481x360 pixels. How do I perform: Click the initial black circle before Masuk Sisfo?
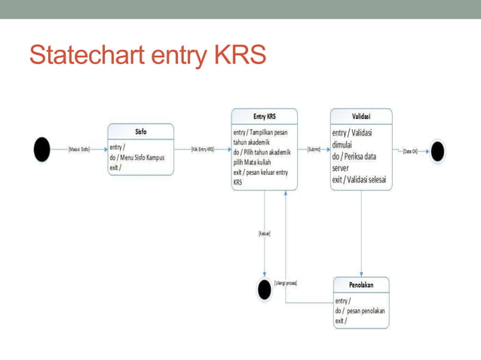coord(41,150)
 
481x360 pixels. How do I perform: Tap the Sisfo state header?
coord(140,130)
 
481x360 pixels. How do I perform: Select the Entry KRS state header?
coord(264,117)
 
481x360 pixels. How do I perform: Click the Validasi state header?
coord(361,117)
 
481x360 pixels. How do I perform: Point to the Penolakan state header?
coord(362,285)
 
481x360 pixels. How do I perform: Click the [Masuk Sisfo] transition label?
coord(78,150)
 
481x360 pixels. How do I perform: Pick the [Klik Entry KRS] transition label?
coord(202,150)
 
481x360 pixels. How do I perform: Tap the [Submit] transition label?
coord(314,150)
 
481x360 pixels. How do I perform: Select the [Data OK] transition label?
coord(411,151)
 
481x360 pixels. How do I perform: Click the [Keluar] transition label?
coord(265,233)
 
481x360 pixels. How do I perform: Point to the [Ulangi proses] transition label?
coord(286,282)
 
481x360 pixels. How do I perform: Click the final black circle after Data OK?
coord(437,151)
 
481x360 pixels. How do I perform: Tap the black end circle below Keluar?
coord(264,289)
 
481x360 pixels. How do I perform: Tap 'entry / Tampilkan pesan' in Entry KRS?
coord(260,133)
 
